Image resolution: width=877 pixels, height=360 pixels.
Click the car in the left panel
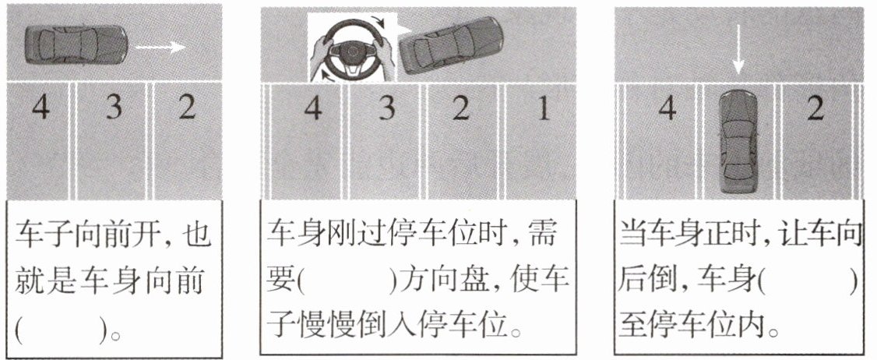(76, 44)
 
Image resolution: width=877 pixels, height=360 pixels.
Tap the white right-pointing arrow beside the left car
(160, 47)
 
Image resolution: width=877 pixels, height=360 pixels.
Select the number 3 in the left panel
(114, 107)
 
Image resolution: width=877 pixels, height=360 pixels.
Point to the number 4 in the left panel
(40, 107)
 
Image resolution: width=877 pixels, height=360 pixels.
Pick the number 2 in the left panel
(187, 107)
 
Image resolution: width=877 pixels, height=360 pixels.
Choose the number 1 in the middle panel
(544, 108)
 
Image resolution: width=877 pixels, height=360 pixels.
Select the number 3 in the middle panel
(386, 108)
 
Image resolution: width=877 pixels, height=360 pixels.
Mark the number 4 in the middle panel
(312, 108)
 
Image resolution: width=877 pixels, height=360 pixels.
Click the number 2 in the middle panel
(460, 108)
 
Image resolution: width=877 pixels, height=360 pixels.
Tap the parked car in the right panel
(738, 140)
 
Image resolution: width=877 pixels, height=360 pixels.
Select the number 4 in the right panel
(667, 108)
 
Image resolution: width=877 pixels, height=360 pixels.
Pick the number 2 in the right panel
(816, 108)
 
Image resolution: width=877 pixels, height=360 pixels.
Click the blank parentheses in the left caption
(61, 332)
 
